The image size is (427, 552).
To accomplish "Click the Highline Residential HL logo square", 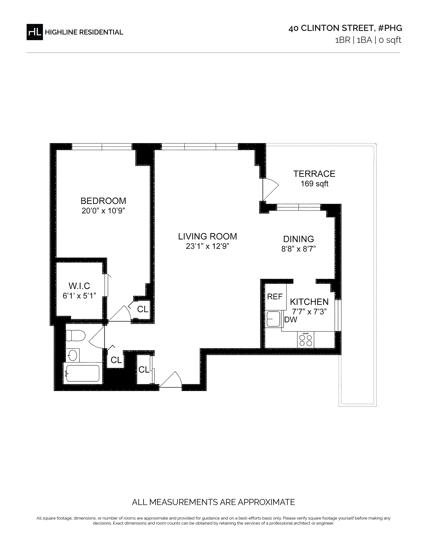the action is (x=35, y=32).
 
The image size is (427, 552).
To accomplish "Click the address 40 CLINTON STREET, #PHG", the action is (x=345, y=28).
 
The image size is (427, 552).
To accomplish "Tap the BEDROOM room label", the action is (x=103, y=201).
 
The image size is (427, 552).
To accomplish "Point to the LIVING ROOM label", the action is (x=207, y=237).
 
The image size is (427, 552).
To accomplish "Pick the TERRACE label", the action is (x=314, y=174).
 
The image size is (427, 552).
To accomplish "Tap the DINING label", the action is (x=299, y=239).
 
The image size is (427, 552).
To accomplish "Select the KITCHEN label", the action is (x=309, y=302).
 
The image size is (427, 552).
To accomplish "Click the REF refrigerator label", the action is (x=275, y=296).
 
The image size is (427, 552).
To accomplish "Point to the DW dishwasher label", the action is (x=291, y=320).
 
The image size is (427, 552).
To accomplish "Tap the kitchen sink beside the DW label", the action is (x=273, y=319).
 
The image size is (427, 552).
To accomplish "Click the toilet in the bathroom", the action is (x=75, y=336).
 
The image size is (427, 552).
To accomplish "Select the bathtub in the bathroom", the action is (x=82, y=373).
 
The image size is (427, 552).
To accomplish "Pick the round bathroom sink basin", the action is (x=73, y=355).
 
